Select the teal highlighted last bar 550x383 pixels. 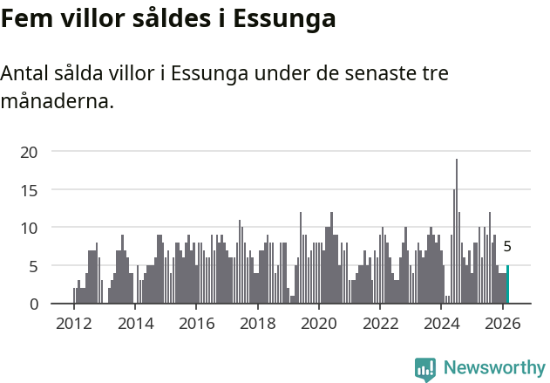(507, 284)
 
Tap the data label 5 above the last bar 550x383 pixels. (507, 247)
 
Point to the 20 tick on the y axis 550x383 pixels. (30, 152)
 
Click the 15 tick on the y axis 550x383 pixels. (30, 189)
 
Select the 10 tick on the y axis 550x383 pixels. (30, 228)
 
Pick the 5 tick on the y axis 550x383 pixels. (33, 265)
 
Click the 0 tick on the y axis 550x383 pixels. (33, 304)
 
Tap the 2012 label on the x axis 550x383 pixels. (73, 323)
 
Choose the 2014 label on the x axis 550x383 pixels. (134, 323)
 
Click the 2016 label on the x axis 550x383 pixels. (196, 323)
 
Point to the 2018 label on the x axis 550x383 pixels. (257, 323)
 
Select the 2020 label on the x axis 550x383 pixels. (318, 323)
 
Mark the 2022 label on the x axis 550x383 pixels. (380, 323)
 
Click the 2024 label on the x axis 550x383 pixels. (441, 323)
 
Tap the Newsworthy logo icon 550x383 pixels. (424, 369)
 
